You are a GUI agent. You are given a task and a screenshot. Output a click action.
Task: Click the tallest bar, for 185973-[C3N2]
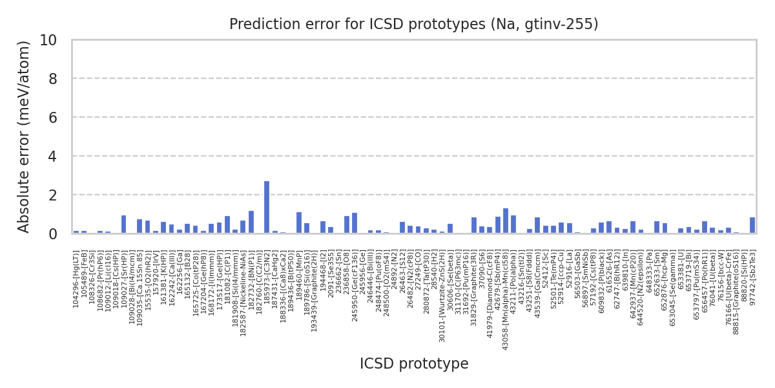coord(267,207)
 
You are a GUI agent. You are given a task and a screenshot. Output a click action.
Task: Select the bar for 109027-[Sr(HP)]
coord(123,224)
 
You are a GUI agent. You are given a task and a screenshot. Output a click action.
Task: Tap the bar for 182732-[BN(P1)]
coord(251,222)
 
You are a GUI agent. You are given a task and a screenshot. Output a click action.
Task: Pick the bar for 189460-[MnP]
coord(299,222)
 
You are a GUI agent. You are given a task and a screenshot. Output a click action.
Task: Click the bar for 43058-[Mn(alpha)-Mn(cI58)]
coord(506,221)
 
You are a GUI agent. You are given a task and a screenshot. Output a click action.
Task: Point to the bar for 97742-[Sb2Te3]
coord(752,225)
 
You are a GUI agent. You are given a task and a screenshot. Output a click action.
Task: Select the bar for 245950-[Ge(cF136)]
coord(355,222)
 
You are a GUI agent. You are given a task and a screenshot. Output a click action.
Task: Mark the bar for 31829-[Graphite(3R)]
coord(474,225)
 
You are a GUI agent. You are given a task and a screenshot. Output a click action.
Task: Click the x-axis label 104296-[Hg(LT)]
coord(76,272)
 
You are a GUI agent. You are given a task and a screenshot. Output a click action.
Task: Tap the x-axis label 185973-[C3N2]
coord(267,272)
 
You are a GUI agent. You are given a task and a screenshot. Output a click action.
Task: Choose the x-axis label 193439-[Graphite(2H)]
coord(315,285)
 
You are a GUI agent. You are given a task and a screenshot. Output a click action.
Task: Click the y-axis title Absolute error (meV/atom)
coord(25,136)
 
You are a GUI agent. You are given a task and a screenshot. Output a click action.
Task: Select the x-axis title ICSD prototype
coord(414,364)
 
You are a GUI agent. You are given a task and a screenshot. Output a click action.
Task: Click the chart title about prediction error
coord(414,25)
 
